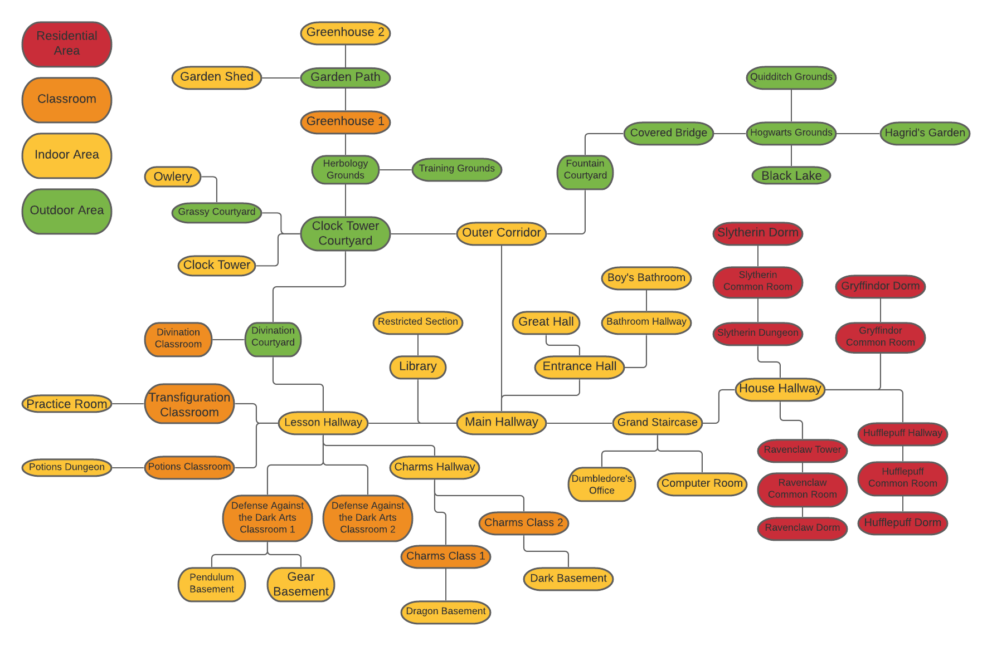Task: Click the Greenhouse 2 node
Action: (345, 33)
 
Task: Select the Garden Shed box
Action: (217, 77)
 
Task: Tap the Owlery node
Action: (173, 177)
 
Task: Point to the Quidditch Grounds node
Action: (791, 77)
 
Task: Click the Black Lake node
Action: (791, 176)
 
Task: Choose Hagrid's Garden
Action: (925, 133)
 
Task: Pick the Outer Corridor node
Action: (501, 233)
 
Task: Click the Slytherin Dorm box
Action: (757, 233)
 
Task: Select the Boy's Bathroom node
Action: (646, 278)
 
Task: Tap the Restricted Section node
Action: (417, 322)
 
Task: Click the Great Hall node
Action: (546, 322)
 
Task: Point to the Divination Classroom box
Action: (178, 339)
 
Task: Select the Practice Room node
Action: (67, 404)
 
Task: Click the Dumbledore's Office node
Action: (601, 484)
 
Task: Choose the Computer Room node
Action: (702, 484)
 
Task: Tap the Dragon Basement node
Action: (445, 612)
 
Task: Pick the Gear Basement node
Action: (301, 584)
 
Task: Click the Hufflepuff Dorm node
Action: (902, 523)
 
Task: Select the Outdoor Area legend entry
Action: (67, 211)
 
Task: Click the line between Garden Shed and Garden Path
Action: (281, 78)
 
